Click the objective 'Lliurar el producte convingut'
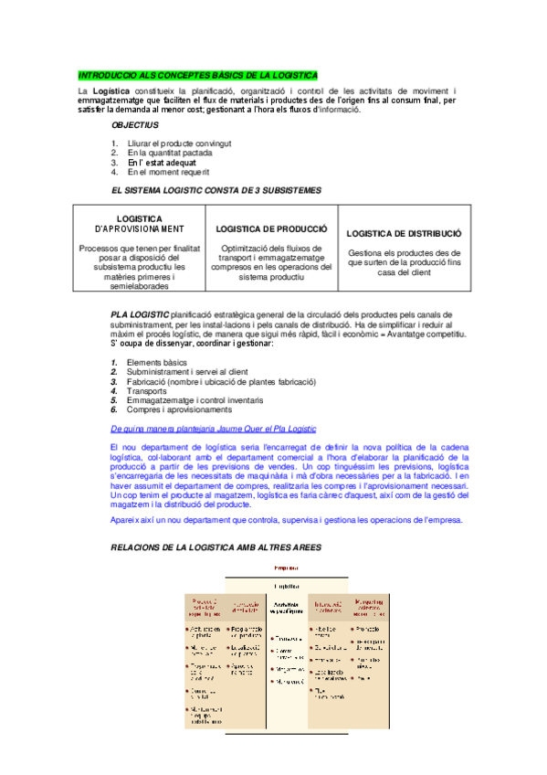click(x=179, y=143)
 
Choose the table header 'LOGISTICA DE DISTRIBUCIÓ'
click(x=405, y=233)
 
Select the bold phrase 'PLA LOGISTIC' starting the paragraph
click(x=140, y=314)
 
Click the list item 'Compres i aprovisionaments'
click(x=180, y=409)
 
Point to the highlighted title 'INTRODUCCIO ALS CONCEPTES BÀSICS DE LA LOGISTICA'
click(x=198, y=74)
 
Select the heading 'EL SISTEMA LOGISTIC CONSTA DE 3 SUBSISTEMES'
click(x=216, y=190)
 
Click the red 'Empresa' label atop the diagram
click(x=287, y=569)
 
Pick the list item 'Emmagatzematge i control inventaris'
click(x=196, y=400)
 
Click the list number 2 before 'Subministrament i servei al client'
click(x=114, y=372)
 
